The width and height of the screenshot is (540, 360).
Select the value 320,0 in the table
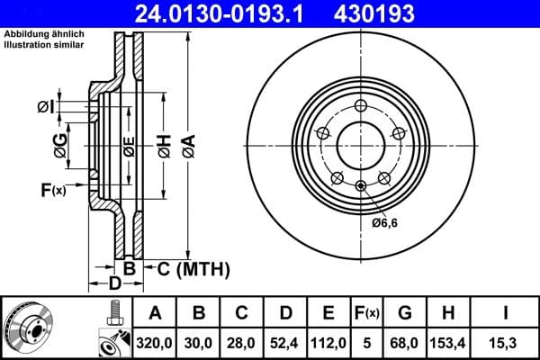(155, 341)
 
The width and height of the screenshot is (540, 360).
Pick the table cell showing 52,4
(286, 341)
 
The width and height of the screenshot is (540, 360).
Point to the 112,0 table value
(329, 341)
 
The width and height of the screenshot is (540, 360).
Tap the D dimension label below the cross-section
(115, 284)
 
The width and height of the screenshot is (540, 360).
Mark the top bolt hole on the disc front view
(361, 105)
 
